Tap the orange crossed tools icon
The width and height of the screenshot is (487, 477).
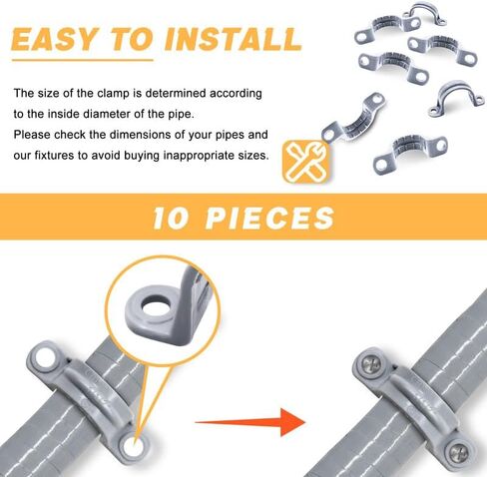(305, 161)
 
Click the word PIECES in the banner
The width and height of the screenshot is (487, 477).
(270, 218)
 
